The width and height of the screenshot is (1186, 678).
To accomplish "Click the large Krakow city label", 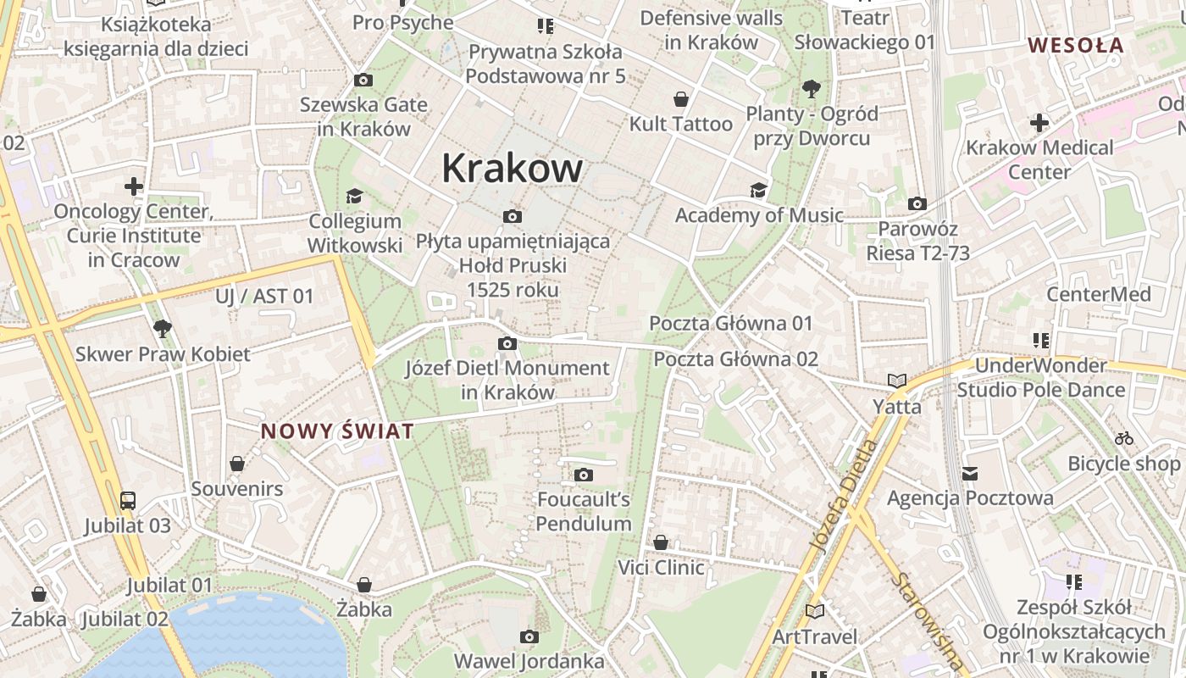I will [512, 168].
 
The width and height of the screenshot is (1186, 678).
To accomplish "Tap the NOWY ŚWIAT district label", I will [337, 431].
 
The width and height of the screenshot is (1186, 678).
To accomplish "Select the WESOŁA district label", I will [1075, 45].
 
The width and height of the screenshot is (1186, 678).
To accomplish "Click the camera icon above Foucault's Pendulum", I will [584, 475].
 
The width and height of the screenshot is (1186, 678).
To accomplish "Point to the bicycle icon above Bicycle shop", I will [1124, 438].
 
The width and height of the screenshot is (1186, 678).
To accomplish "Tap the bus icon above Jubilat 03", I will [128, 500].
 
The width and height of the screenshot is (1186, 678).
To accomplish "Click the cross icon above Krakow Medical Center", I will [1039, 123].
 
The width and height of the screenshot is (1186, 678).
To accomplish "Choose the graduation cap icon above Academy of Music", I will [758, 190].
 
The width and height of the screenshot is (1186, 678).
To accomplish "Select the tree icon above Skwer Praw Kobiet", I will [163, 328].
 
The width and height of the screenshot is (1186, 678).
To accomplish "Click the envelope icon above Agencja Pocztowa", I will [970, 473].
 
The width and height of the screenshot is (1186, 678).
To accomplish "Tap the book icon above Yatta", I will [896, 381].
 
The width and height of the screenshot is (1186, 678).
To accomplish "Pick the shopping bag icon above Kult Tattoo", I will [680, 99].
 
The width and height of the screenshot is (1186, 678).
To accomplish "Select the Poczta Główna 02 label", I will [735, 358].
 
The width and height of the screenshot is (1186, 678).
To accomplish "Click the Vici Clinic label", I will [661, 567].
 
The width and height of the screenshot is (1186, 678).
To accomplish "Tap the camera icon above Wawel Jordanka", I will [529, 636].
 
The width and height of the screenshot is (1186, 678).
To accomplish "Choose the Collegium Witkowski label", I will [354, 233].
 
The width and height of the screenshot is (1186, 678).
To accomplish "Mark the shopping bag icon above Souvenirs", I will [237, 464].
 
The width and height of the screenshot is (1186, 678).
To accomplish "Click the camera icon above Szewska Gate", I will [363, 80].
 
